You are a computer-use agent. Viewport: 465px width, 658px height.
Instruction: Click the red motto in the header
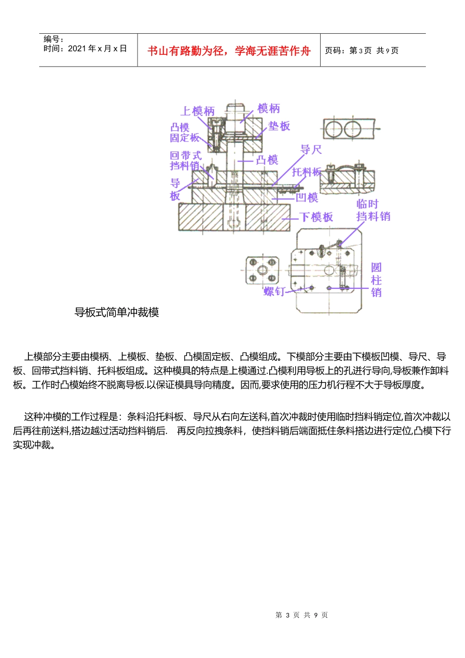[229, 51]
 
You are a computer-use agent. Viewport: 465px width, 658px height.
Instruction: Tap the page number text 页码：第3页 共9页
[362, 50]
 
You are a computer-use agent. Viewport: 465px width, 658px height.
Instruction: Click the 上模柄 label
[198, 111]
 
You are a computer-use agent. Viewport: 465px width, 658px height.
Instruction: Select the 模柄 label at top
[269, 108]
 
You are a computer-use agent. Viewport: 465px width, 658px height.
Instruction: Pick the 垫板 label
[279, 126]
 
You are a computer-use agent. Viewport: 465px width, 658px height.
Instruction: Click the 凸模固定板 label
[184, 133]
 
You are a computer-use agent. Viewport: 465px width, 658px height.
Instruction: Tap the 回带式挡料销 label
[185, 161]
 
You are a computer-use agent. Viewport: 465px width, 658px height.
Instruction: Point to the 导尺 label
[311, 150]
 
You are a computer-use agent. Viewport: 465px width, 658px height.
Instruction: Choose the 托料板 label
[307, 172]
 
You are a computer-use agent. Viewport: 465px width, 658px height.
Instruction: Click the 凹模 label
[307, 197]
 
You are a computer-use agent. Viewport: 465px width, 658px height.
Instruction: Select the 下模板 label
[316, 217]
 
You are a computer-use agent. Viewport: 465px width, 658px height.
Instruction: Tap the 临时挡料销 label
[372, 210]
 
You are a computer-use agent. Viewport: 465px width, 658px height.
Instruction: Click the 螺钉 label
[274, 292]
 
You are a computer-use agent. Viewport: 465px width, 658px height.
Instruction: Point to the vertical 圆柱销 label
[376, 280]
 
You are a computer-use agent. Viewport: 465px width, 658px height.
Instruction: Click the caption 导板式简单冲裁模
[116, 312]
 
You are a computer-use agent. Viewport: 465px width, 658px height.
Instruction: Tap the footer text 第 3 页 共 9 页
[302, 615]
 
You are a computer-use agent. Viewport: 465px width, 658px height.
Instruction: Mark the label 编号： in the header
[54, 39]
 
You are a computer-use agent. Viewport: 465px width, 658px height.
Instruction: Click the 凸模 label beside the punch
[267, 160]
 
